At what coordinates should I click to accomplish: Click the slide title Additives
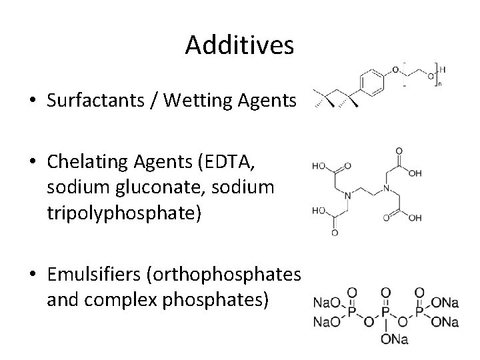(239, 45)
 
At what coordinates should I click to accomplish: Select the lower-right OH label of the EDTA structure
(415, 217)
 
